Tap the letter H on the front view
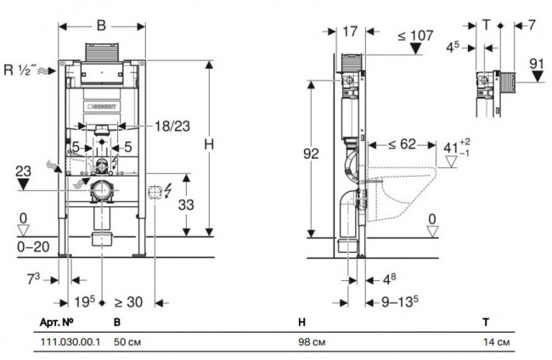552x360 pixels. [x=208, y=144]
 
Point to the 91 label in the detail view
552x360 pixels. [x=536, y=64]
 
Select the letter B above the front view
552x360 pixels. [x=101, y=25]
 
